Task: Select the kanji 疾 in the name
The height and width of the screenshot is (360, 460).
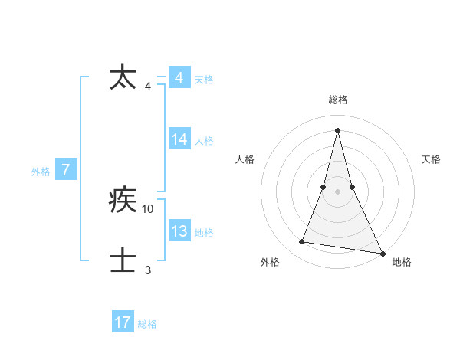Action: click(x=123, y=201)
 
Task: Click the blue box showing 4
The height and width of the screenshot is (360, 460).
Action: click(x=179, y=78)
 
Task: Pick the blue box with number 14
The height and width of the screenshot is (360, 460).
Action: click(x=179, y=139)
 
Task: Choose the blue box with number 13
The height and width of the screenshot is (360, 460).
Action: click(x=179, y=231)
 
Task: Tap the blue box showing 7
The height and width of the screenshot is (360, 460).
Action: click(x=66, y=170)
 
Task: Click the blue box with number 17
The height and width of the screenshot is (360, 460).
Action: click(x=123, y=322)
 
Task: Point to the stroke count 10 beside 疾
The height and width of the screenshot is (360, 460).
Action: click(x=148, y=208)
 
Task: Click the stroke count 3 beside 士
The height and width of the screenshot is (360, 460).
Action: click(x=148, y=270)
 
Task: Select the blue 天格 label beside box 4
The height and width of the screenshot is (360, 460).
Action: click(x=204, y=79)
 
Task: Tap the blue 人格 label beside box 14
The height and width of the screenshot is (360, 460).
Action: click(x=204, y=140)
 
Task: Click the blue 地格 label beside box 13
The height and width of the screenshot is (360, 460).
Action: click(x=204, y=232)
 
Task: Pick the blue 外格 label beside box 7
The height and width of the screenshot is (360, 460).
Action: click(x=41, y=172)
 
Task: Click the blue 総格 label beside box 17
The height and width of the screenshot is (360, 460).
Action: click(x=147, y=323)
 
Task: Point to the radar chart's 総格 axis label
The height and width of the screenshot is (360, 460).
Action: click(x=337, y=100)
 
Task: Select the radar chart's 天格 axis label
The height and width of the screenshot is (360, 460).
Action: click(x=431, y=159)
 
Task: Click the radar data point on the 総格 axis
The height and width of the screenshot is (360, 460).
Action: click(x=337, y=129)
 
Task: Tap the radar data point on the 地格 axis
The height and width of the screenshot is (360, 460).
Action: click(x=382, y=253)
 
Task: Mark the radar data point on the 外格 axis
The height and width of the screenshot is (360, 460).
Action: click(x=302, y=242)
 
